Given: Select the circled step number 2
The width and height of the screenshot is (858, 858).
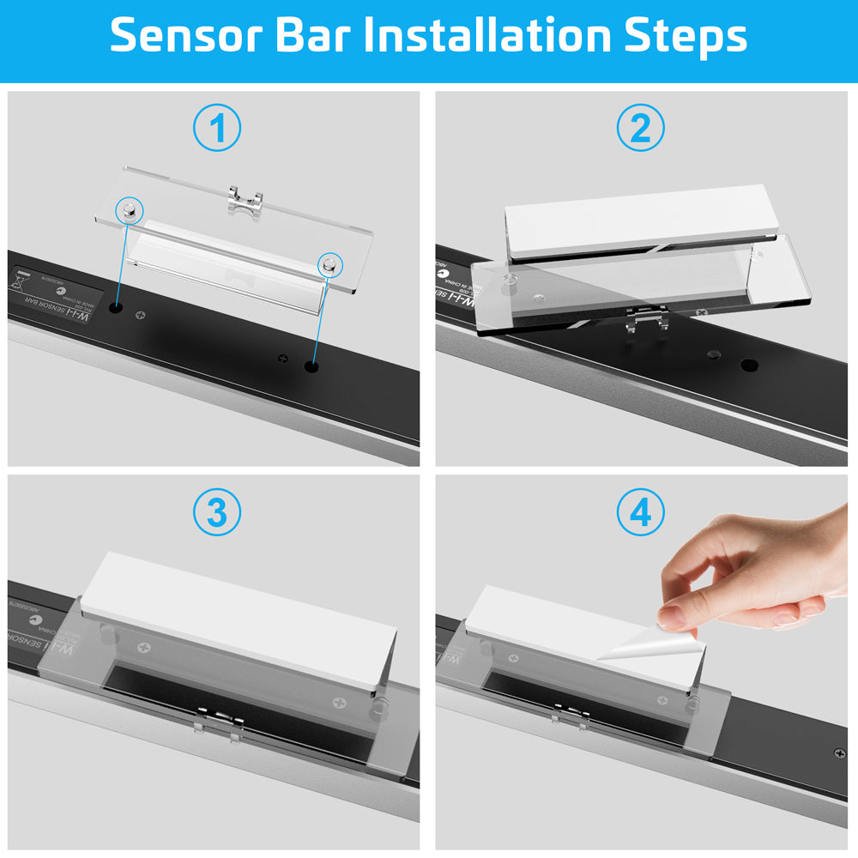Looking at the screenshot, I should (640, 129).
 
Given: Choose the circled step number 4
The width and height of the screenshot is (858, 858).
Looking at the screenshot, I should (640, 513).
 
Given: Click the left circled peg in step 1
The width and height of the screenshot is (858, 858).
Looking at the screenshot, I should (129, 209).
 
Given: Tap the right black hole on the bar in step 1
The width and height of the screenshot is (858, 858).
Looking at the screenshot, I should (310, 366).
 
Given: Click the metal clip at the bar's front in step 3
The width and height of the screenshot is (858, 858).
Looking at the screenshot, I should (217, 719).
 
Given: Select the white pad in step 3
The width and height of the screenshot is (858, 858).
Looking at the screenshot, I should (236, 618).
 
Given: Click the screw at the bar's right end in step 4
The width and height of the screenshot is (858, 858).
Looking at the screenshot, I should (839, 753).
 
